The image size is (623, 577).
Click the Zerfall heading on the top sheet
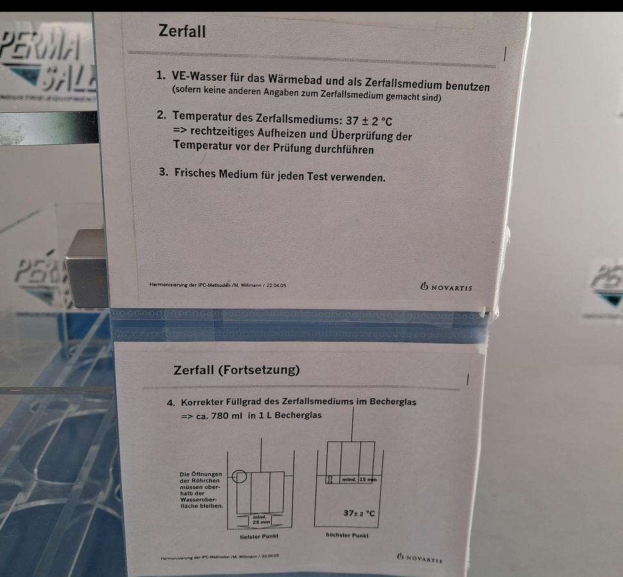182,31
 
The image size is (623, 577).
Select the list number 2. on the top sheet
161,116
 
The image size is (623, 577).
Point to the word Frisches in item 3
196,174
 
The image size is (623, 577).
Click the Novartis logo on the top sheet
446,287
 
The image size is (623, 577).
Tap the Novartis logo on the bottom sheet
420,558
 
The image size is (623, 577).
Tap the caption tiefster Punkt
260,535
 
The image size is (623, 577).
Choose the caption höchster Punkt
347,534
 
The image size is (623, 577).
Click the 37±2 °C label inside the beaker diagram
359,513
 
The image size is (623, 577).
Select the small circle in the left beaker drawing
238,476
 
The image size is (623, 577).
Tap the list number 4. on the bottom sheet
170,403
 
